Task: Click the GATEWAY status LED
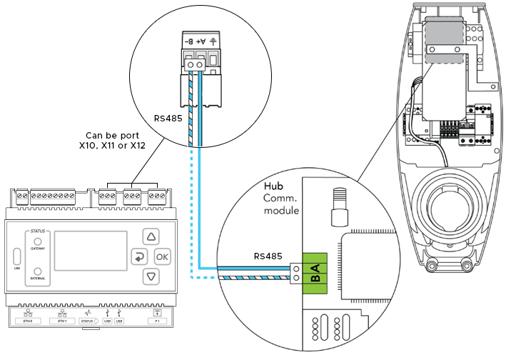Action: (x=37, y=241)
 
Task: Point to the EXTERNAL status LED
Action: (x=37, y=272)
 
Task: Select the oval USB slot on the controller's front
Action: (x=16, y=256)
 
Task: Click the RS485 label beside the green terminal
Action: (x=268, y=256)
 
